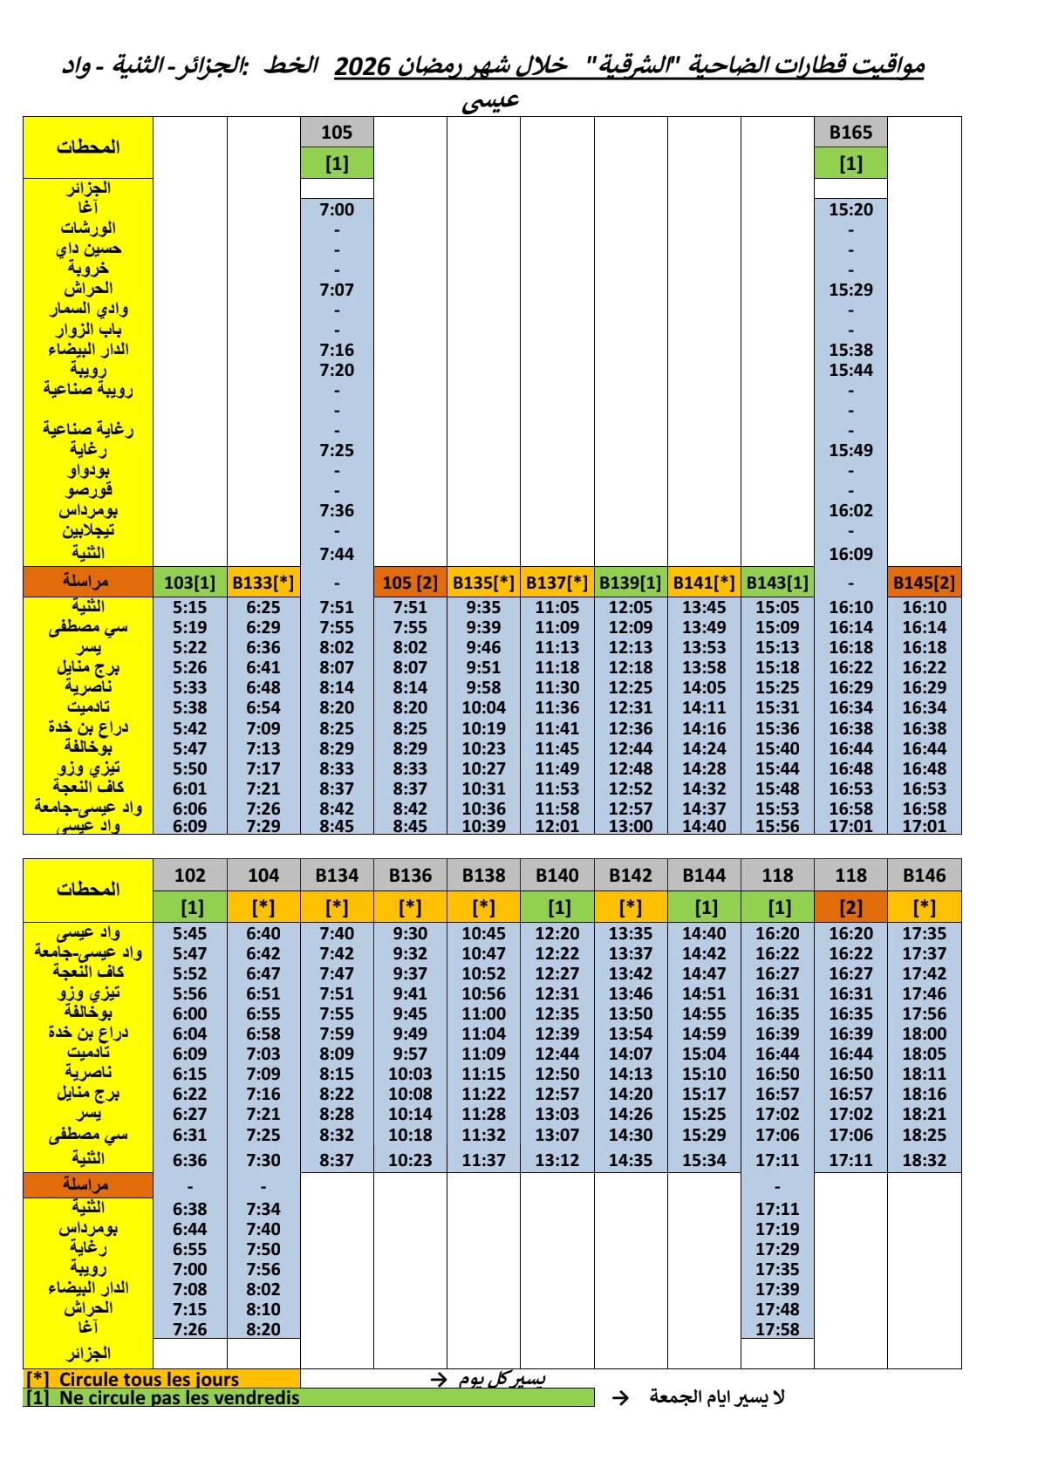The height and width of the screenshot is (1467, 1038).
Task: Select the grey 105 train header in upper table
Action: pos(337,133)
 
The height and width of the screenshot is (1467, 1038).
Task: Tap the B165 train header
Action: pos(850,133)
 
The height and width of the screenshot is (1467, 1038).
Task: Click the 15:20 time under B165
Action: pos(850,209)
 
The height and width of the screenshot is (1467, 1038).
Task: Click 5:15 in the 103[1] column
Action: pos(190,607)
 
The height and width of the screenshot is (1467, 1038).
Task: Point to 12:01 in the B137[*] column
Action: pos(557,826)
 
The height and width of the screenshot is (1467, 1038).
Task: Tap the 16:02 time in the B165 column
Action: pos(850,510)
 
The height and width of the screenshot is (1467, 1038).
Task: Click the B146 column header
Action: pos(924,875)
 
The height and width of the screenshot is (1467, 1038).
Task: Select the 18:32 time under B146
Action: pos(924,1160)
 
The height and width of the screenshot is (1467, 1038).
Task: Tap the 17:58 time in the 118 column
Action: pos(777,1329)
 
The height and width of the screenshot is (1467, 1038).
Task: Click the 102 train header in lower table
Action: pos(190,875)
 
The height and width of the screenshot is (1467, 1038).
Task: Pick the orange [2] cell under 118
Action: pos(850,907)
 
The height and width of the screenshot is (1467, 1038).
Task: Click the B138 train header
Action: pos(483,875)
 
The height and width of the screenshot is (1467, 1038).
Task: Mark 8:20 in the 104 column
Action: pos(263,1329)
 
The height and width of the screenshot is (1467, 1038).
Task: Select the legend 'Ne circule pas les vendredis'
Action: pos(179,1398)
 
